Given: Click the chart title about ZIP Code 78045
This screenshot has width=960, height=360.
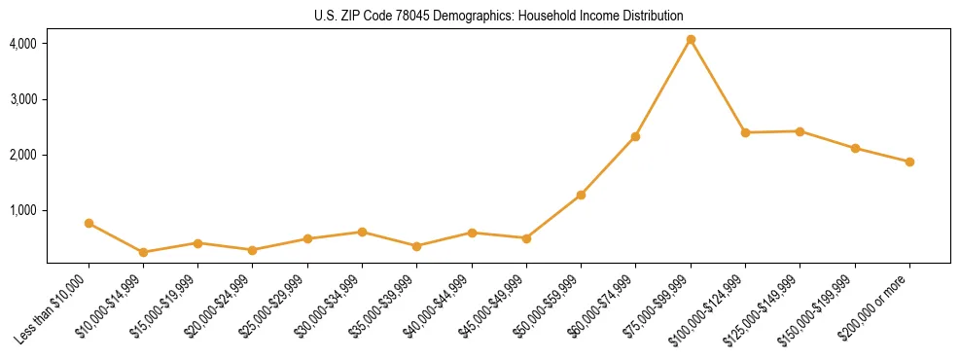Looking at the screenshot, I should [499, 16].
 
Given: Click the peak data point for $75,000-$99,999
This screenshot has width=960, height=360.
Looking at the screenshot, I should [691, 40].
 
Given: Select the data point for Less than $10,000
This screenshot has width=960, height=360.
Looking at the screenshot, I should [89, 223].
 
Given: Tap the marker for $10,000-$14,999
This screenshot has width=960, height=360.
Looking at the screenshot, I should [144, 252].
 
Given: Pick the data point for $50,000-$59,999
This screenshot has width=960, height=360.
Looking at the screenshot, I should [581, 195].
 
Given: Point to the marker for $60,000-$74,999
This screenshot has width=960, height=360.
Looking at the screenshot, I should [635, 136].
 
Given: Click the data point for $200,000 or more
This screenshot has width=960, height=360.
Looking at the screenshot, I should [909, 162].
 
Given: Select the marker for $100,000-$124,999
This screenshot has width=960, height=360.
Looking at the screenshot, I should [745, 132].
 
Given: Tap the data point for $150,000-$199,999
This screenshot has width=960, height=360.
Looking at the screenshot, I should [855, 148].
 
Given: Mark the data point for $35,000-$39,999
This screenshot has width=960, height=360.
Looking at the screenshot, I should [417, 246].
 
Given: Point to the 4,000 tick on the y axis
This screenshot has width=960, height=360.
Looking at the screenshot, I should [23, 44].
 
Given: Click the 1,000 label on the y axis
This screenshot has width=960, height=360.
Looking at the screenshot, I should [23, 210].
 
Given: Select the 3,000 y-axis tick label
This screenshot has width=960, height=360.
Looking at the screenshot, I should [23, 99].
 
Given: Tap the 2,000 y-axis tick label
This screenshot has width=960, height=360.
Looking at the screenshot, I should [23, 155].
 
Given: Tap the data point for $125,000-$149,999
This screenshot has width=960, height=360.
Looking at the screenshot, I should [800, 131].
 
